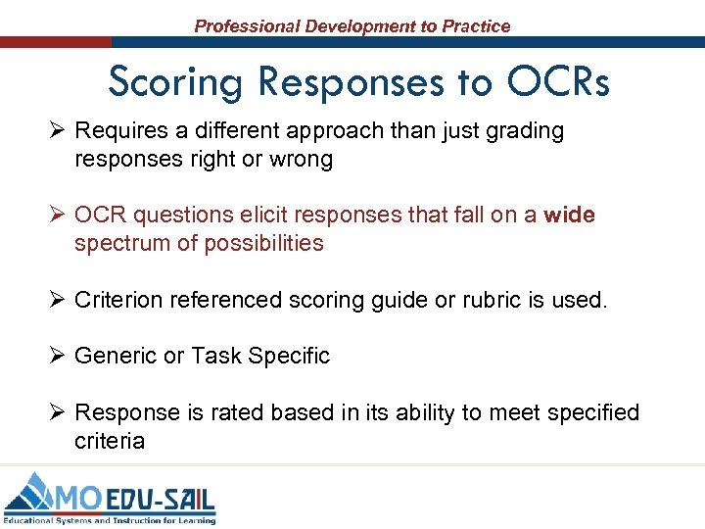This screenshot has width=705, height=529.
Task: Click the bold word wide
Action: [x=569, y=215]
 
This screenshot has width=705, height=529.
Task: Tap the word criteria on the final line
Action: [x=110, y=441]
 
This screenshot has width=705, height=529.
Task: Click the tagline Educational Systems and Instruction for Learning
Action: [x=109, y=520]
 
